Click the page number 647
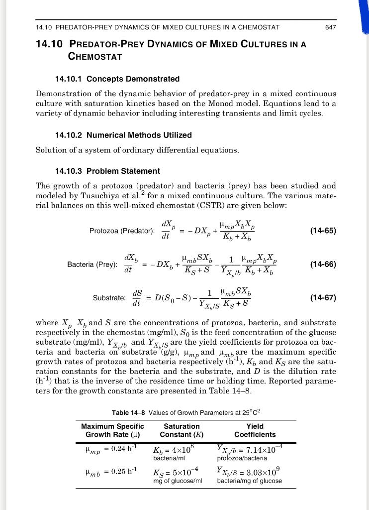click(x=330, y=27)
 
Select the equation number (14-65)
click(x=323, y=231)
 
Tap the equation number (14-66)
click(x=323, y=264)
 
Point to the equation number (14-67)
click(x=323, y=298)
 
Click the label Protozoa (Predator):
click(x=122, y=231)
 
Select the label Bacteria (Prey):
click(x=92, y=264)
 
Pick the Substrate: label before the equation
click(x=109, y=298)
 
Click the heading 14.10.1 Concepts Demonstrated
click(x=117, y=79)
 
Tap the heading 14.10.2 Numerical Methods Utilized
click(x=123, y=135)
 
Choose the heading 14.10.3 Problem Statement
click(x=107, y=171)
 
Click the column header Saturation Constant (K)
click(x=182, y=430)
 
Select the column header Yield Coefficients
click(x=255, y=430)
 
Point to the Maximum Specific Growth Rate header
click(x=112, y=430)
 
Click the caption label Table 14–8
click(x=129, y=412)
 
